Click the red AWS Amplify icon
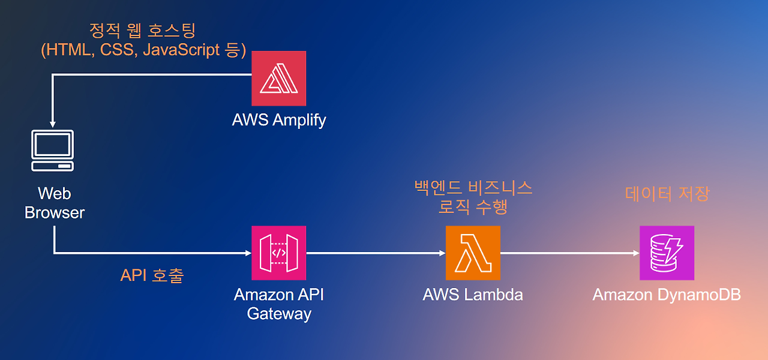tap(279, 79)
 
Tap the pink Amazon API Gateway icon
tap(279, 253)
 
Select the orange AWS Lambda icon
tap(473, 253)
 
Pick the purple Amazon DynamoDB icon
tap(667, 253)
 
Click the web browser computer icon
tap(52, 151)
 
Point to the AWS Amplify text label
tap(279, 121)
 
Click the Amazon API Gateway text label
tap(279, 304)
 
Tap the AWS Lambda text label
tap(473, 295)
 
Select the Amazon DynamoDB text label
tap(667, 295)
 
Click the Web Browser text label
tap(55, 203)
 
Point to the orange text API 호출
tap(152, 275)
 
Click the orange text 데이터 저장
tap(667, 194)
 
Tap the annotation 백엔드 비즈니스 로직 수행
tap(473, 197)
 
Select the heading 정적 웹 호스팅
tap(142, 31)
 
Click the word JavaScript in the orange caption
tap(181, 50)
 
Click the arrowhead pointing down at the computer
tap(52, 124)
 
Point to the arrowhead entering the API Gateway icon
tap(248, 253)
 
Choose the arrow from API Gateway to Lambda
tap(376, 253)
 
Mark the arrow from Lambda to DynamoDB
tap(570, 253)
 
